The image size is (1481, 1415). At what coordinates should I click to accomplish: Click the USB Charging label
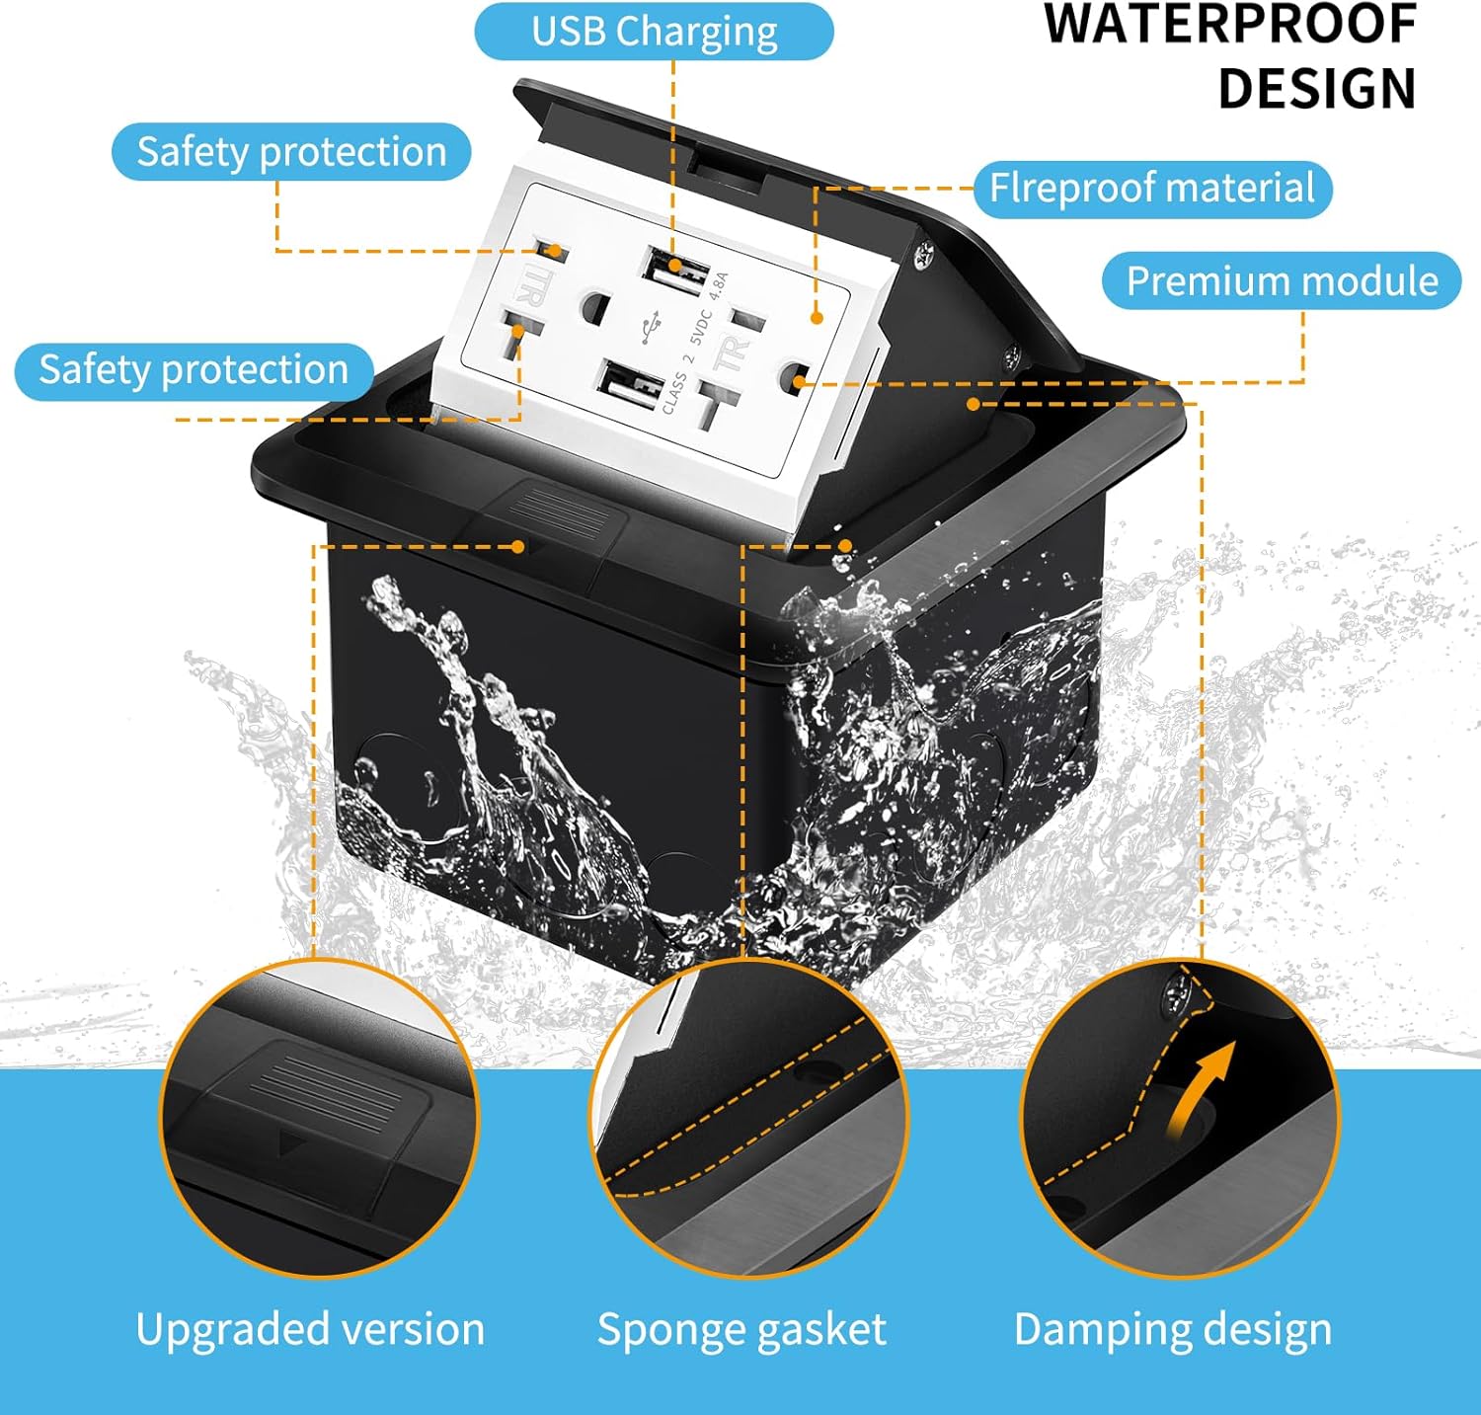pos(654,32)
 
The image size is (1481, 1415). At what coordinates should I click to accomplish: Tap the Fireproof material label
pos(1152,189)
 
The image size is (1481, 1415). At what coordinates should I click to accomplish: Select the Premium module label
pos(1282,281)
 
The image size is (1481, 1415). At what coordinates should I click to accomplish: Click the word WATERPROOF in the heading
pos(1230,26)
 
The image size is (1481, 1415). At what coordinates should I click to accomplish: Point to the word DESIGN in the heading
pos(1317,89)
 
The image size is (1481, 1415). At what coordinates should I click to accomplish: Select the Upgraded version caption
pos(310,1329)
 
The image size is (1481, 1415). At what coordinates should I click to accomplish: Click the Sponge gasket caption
pos(741,1329)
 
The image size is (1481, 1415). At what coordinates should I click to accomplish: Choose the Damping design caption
pos(1172,1329)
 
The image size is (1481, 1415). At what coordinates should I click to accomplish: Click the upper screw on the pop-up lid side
pos(925,255)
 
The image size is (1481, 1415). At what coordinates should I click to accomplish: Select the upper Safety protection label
pos(291,152)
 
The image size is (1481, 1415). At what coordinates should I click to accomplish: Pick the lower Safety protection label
pos(194,370)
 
